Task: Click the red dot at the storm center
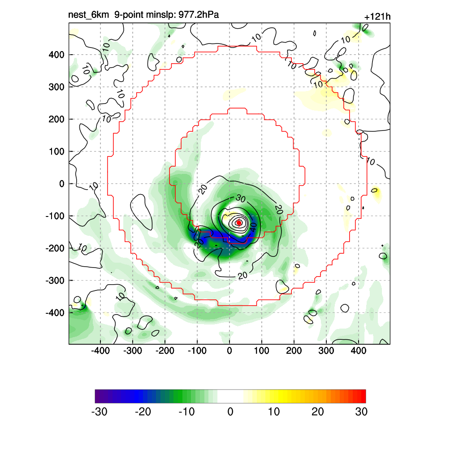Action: (239, 223)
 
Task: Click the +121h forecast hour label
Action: (377, 17)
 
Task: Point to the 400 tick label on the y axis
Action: (57, 55)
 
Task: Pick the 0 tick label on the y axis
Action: (62, 184)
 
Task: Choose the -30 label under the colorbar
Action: (99, 412)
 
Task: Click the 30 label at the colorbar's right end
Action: (361, 412)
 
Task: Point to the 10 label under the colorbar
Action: (274, 412)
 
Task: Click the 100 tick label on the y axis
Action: (57, 152)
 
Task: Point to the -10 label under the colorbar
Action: (186, 412)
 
